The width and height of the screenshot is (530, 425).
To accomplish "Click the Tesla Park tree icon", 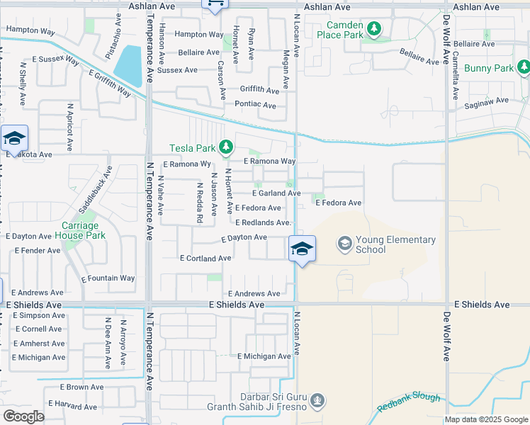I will (x=225, y=147).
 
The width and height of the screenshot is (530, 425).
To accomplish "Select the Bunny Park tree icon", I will (x=524, y=68).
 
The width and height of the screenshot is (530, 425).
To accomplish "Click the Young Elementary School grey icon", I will (x=344, y=244).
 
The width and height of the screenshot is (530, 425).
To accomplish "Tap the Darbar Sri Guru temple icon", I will (x=317, y=401).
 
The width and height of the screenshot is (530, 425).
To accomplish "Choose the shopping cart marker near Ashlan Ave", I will (x=215, y=4).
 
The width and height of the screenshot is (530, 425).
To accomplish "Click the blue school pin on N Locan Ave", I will (x=302, y=249).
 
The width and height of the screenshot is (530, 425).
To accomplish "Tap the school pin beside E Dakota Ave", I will (x=14, y=138).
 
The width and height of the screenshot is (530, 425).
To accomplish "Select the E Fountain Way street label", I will (x=108, y=278).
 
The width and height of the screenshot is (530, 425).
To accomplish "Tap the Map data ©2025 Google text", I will (x=485, y=419).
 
